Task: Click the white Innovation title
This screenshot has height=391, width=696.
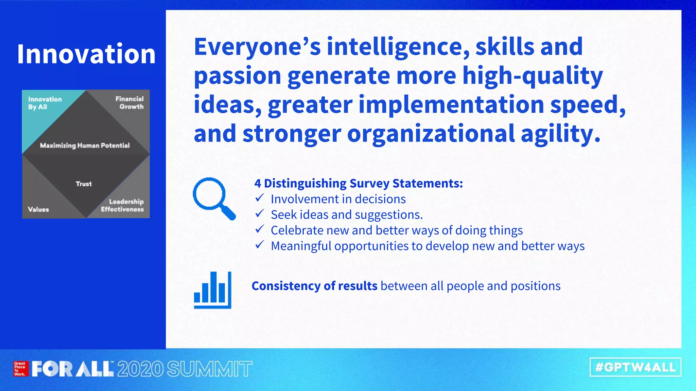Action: [x=86, y=54]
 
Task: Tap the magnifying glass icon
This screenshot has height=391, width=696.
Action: [x=213, y=198]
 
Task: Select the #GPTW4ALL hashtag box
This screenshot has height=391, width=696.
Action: [x=635, y=367]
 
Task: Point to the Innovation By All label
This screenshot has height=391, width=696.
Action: [x=45, y=103]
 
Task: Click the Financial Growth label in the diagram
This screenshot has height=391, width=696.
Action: [x=129, y=103]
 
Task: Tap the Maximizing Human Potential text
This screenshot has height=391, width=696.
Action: [x=85, y=146]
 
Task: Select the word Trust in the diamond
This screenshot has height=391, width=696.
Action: [x=84, y=184]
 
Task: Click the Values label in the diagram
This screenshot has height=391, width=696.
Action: [x=38, y=209]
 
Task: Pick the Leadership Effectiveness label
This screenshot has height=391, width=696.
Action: [x=122, y=205]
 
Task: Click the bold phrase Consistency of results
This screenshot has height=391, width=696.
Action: [x=314, y=286]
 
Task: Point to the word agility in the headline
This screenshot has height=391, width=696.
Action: [x=560, y=134]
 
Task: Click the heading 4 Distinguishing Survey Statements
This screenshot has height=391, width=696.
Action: [x=359, y=183]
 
